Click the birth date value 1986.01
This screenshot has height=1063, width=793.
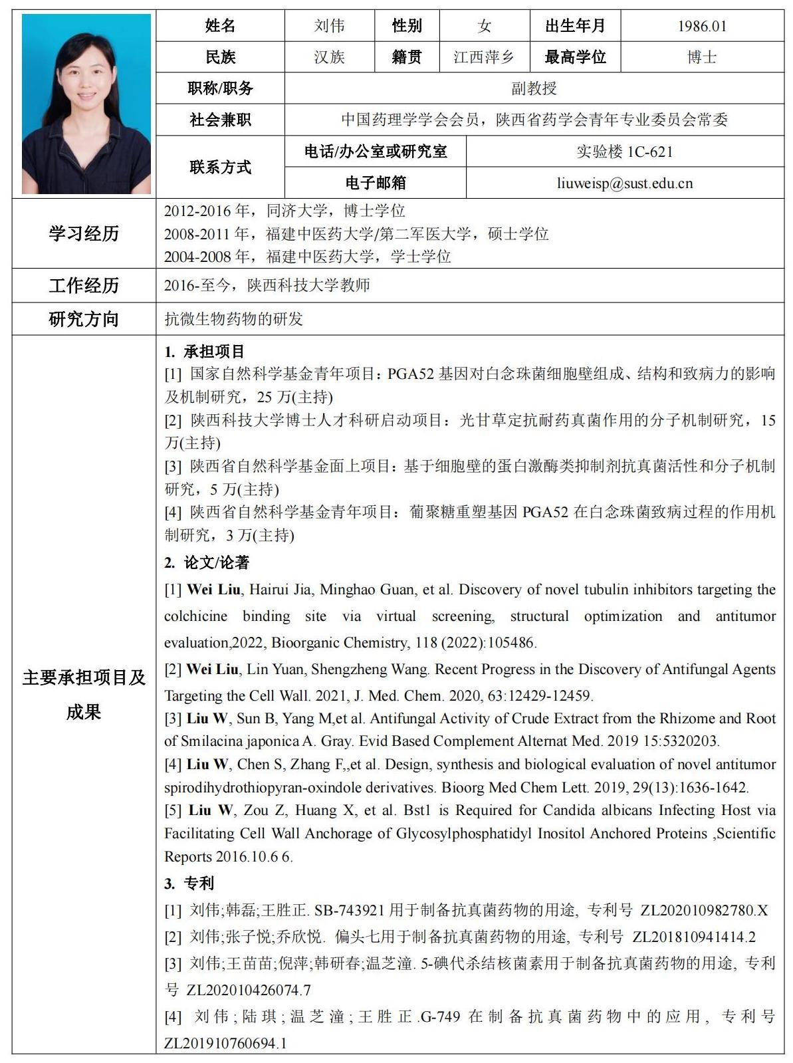702,26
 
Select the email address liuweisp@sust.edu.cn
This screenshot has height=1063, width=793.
625,183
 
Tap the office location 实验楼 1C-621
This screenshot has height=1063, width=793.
625,152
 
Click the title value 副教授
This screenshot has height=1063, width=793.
534,88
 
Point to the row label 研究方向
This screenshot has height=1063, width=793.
84,319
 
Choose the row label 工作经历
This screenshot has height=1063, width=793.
84,286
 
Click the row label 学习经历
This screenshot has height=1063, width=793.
84,233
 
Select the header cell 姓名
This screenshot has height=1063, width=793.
220,26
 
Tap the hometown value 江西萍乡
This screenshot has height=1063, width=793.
484,57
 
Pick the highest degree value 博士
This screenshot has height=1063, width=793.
702,57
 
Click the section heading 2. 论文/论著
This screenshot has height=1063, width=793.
207,563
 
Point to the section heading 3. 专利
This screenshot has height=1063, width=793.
189,883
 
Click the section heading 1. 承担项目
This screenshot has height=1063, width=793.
205,351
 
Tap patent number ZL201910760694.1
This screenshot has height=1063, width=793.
225,1043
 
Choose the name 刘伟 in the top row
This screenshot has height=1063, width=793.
329,26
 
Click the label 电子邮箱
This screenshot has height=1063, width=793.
376,183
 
